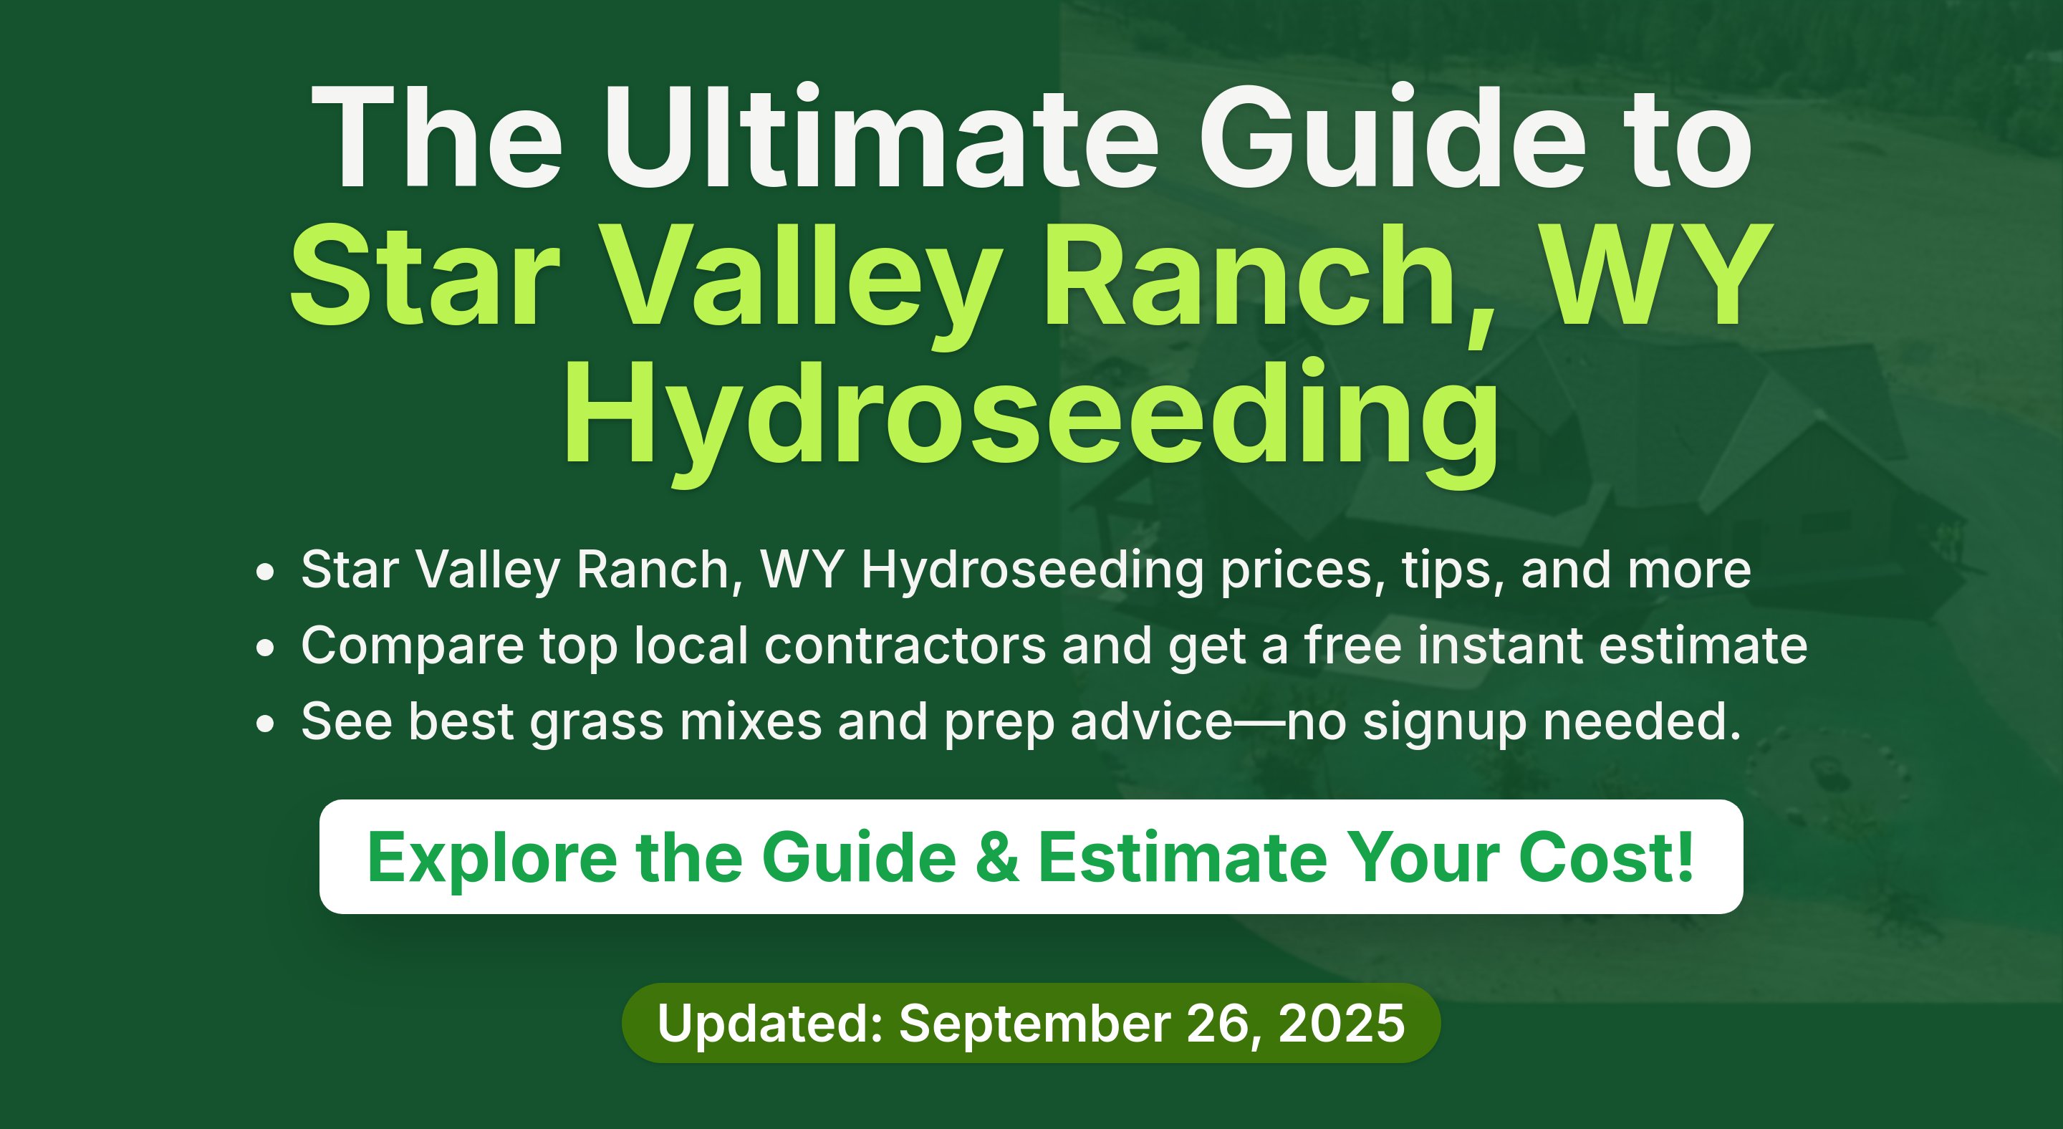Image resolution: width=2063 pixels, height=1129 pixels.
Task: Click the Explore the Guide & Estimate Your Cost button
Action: pos(1031,857)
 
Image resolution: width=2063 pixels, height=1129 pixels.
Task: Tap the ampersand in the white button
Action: pos(998,857)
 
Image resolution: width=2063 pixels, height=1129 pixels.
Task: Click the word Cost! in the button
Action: pos(1606,857)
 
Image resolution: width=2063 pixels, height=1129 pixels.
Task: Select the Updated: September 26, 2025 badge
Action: pos(1031,1023)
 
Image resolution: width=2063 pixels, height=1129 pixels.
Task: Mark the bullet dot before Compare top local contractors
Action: pos(265,647)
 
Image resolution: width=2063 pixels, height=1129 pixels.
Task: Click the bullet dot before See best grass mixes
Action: pos(265,723)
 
